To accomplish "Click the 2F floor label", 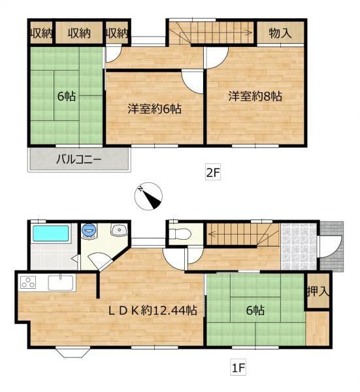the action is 213,172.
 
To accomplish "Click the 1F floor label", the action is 238,368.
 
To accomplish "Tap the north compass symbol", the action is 148,196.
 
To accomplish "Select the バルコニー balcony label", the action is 78,159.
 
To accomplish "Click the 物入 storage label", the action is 280,33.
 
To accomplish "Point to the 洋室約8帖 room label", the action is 255,96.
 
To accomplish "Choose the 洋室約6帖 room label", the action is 154,108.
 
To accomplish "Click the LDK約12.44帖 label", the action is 153,310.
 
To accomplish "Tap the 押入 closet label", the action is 318,291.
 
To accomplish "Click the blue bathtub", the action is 51,233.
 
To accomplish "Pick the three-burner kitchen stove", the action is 28,283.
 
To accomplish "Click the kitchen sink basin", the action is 60,283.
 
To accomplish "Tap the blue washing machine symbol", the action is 89,230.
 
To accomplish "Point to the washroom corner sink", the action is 120,229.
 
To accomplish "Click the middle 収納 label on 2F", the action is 79,33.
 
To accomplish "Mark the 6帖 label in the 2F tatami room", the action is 67,96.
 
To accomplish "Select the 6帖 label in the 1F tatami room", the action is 255,310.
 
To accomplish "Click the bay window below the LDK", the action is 73,352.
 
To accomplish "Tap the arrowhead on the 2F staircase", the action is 249,32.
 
